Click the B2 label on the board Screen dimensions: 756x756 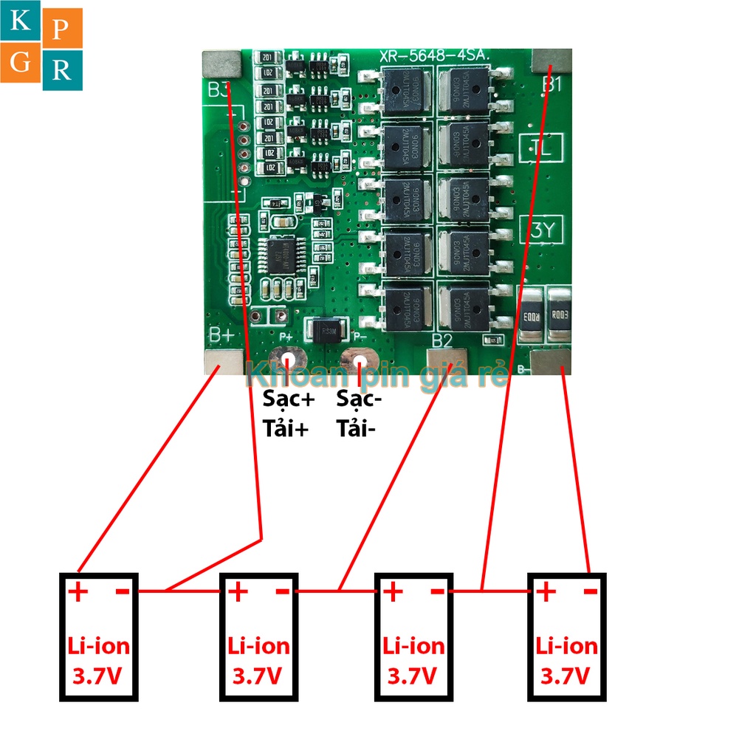click(441, 340)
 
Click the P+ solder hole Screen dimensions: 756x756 click(287, 360)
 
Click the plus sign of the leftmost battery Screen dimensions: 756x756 click(78, 591)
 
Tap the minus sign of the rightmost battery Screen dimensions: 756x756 click(589, 591)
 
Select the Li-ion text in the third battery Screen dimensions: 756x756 click(413, 647)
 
